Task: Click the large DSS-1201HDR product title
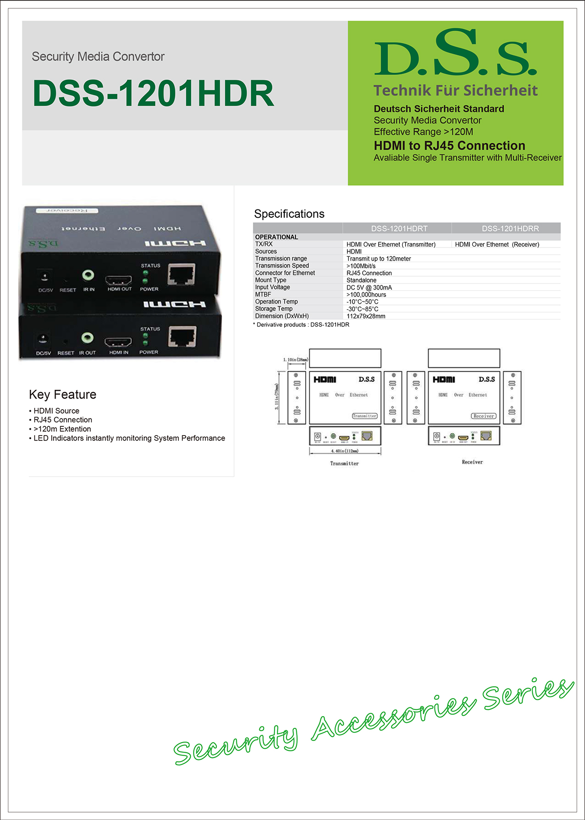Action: coord(153,93)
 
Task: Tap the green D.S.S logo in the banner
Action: coord(455,53)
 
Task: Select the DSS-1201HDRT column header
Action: coord(399,229)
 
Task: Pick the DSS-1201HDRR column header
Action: coord(510,229)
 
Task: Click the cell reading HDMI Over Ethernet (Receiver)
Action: coord(497,245)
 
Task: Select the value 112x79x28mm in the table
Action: coord(366,316)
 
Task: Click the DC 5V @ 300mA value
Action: coord(369,287)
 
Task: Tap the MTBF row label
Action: coord(263,294)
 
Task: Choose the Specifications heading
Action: coord(289,214)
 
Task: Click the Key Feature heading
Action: coord(62,395)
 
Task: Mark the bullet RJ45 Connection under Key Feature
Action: coord(62,420)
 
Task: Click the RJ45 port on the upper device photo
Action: coord(181,274)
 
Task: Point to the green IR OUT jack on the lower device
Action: coord(87,337)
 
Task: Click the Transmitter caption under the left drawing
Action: coord(344,463)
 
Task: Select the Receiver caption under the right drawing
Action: coord(472,462)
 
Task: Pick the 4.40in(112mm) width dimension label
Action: coord(345,451)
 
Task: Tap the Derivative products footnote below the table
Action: coord(302,325)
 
